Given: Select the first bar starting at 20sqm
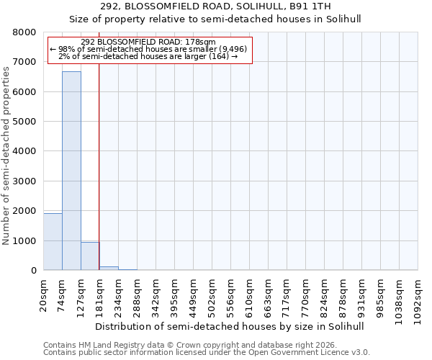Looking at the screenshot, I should click(53, 241).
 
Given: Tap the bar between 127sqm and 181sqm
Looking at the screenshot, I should click(90, 256).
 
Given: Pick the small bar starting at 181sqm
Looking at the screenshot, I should click(109, 268).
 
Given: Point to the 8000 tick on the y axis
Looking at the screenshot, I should click(24, 32).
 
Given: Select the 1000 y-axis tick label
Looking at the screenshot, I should click(24, 241).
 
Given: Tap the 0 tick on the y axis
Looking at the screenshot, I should click(33, 271).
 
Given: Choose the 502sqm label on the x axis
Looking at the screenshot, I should click(212, 294).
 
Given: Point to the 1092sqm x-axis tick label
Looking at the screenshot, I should click(418, 297).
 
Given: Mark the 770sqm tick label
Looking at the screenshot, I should click(305, 294).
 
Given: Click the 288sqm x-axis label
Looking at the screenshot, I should click(137, 294).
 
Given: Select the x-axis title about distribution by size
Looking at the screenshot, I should click(230, 326).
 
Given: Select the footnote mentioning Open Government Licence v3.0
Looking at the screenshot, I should click(207, 352).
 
